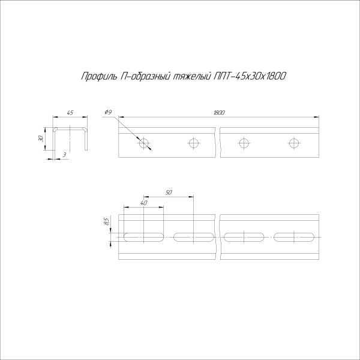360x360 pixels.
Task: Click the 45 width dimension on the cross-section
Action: click(70, 112)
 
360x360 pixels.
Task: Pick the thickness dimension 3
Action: click(63, 155)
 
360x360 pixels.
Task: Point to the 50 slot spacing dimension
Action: click(169, 193)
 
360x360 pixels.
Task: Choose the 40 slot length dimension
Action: click(144, 203)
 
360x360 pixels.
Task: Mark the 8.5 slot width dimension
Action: click(106, 223)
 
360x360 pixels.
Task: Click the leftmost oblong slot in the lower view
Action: click(144, 236)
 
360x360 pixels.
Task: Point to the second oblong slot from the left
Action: click(194, 236)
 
